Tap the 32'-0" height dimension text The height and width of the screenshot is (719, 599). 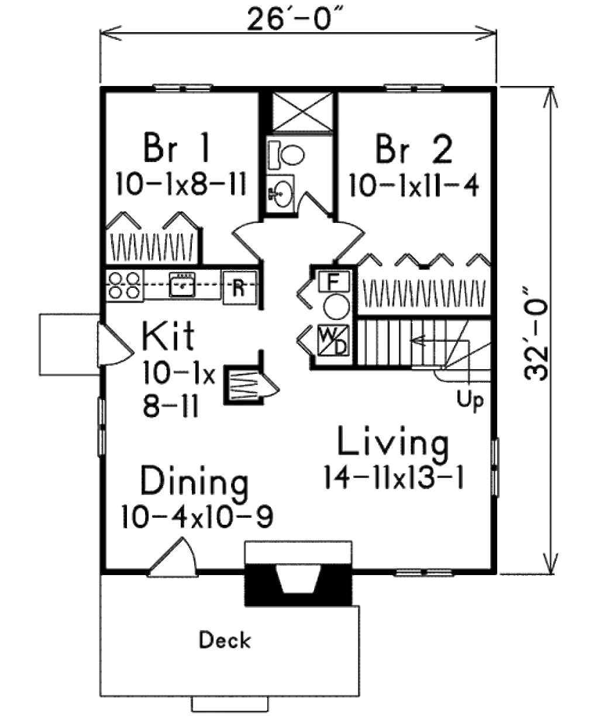(x=536, y=333)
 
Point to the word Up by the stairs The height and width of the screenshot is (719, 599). (x=470, y=400)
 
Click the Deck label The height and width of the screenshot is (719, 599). (x=225, y=640)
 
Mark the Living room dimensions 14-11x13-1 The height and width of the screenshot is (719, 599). (x=393, y=479)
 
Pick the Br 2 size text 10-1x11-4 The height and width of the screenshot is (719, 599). (x=414, y=186)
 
